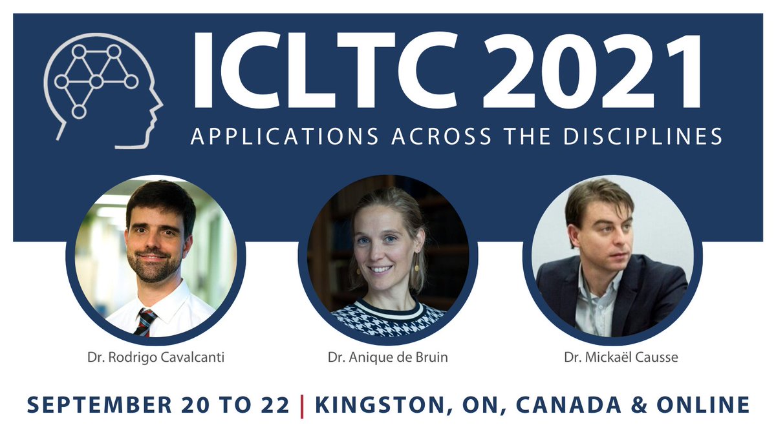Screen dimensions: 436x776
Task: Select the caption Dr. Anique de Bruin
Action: (x=388, y=356)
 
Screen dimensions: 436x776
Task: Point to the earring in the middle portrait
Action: (x=416, y=266)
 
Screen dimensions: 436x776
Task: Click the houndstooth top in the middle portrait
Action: (x=388, y=320)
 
